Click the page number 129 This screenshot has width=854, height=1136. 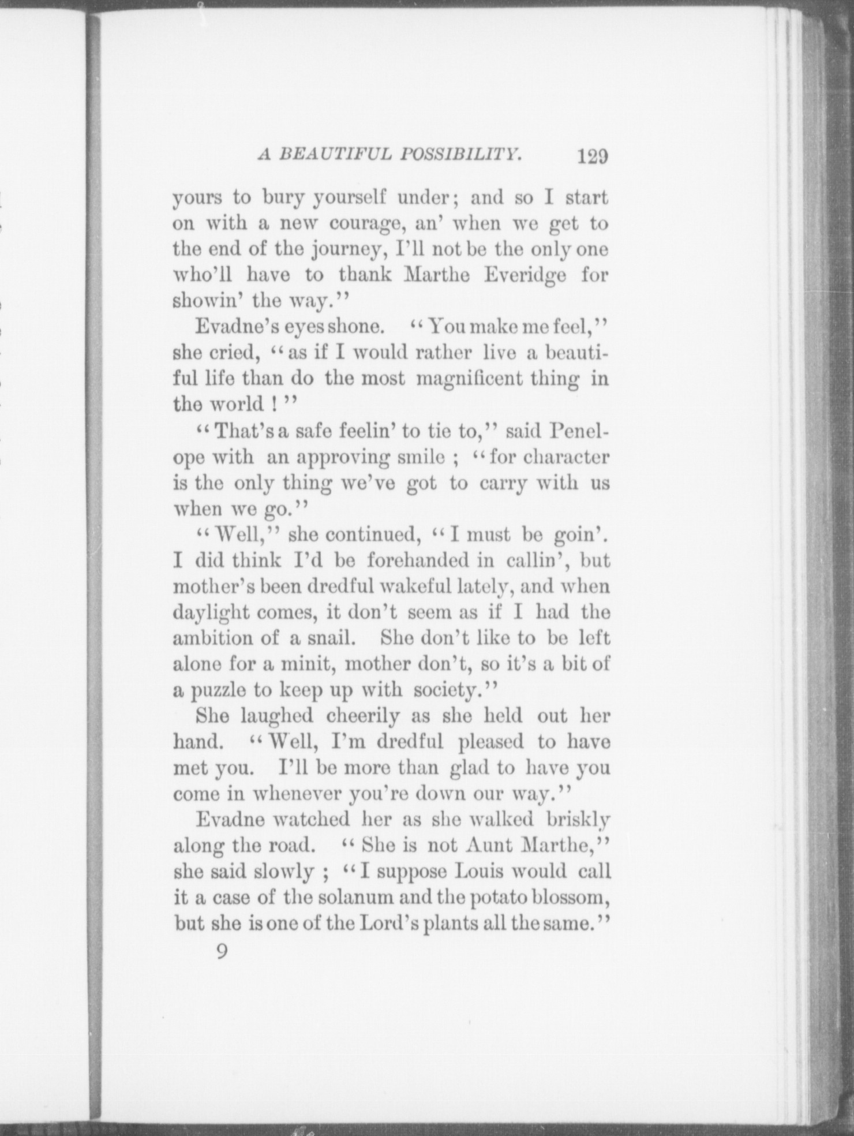[592, 157]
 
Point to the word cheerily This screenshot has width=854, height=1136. [362, 716]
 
